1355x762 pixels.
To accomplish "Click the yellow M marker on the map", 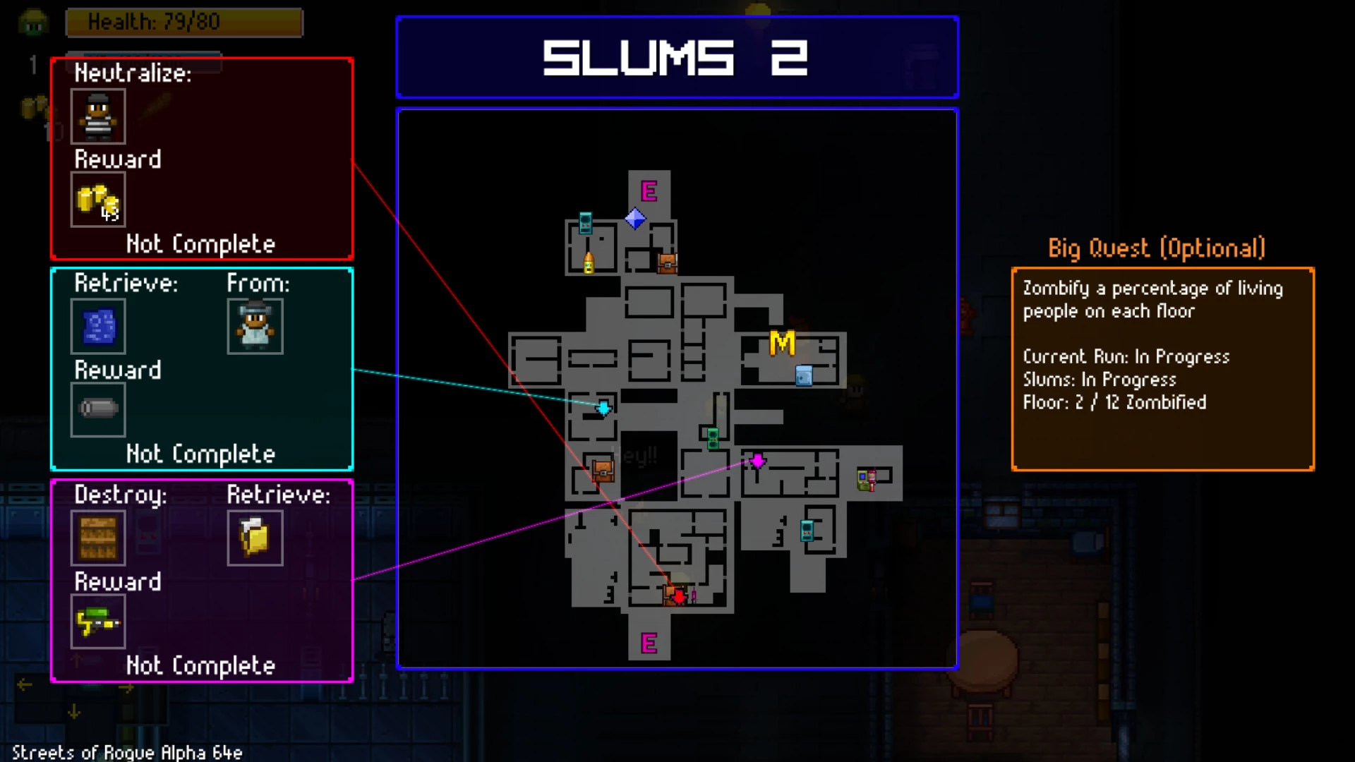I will [x=782, y=344].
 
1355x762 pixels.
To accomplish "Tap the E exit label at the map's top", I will [x=649, y=191].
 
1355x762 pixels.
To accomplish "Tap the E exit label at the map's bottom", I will [x=649, y=643].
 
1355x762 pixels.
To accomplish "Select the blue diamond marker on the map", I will [x=635, y=219].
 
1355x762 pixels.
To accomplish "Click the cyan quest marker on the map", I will [x=604, y=408].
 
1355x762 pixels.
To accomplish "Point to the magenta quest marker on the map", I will [x=757, y=461].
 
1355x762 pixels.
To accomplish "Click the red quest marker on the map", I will [x=679, y=597].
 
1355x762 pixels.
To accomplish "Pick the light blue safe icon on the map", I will [x=804, y=375].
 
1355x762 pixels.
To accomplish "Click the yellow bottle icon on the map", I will [x=589, y=262].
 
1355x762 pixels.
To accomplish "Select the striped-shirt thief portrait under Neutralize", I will [x=98, y=116].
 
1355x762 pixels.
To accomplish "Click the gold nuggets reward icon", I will [x=98, y=200].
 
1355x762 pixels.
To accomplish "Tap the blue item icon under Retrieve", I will [x=98, y=327].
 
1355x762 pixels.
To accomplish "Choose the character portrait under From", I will [x=255, y=327].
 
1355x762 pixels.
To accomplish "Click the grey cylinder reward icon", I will [x=98, y=409].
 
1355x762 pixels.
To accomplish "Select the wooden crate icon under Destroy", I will [x=98, y=538].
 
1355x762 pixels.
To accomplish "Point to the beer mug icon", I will [x=255, y=538].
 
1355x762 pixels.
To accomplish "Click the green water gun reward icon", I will [x=98, y=622].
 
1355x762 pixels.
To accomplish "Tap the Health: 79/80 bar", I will [x=184, y=23].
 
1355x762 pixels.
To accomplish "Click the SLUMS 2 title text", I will [x=675, y=58].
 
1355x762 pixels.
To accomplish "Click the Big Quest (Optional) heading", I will [x=1156, y=248].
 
